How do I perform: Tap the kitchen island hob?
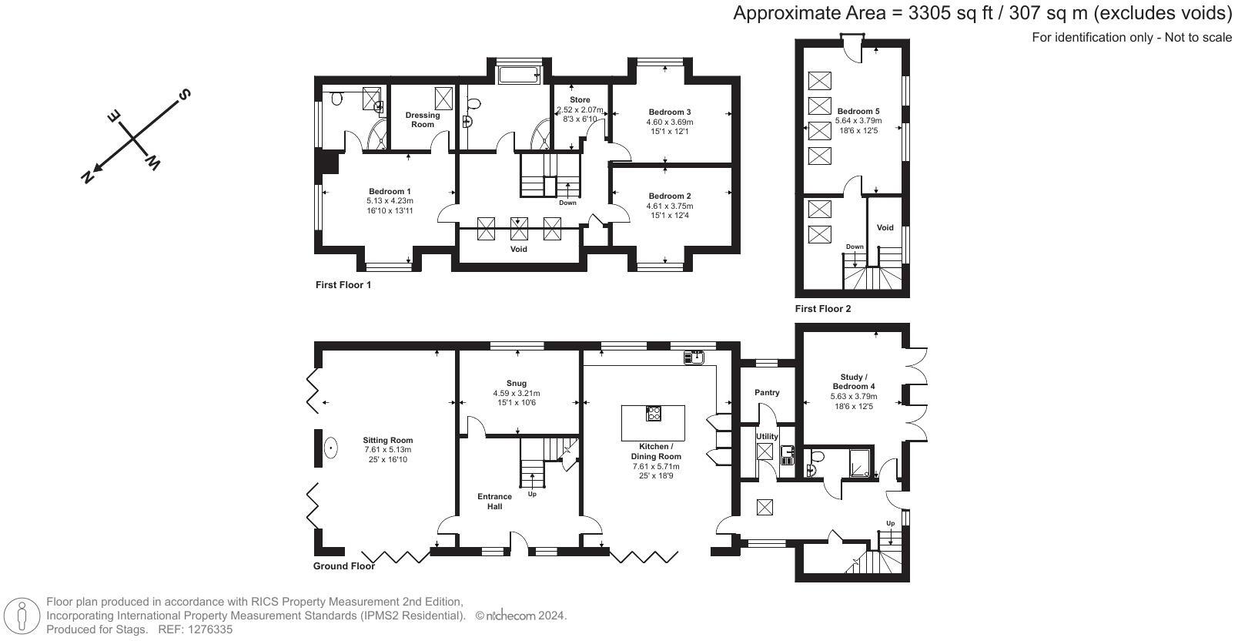654,414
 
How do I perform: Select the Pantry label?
767,392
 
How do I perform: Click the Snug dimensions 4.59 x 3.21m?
517,393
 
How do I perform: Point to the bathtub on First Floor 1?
520,75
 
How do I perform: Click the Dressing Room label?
423,119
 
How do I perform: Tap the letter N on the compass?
88,176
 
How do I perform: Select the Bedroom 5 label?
858,111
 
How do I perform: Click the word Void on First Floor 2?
885,227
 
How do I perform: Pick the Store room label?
580,100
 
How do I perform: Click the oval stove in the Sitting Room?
331,448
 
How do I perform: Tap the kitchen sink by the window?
694,356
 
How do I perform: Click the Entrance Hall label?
494,501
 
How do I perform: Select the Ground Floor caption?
343,566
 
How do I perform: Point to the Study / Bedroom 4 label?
853,381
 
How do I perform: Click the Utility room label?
767,436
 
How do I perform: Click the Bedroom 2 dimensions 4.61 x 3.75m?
670,206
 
